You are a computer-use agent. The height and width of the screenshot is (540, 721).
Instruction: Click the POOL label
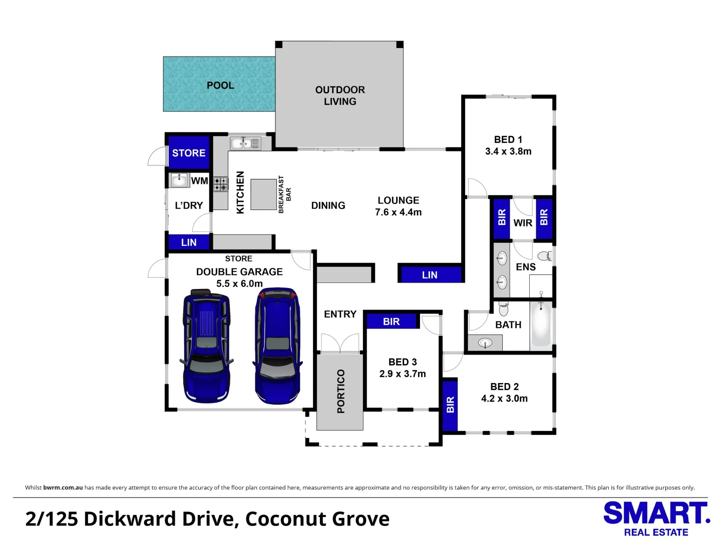[220, 85]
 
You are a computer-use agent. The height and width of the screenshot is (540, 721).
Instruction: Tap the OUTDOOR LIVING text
[340, 95]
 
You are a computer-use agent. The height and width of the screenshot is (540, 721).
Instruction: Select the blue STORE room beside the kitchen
[189, 153]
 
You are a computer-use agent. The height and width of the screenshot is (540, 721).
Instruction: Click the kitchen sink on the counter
[245, 143]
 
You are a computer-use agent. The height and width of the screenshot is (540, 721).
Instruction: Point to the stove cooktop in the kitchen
[221, 184]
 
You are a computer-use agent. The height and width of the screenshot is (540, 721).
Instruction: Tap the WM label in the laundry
[199, 181]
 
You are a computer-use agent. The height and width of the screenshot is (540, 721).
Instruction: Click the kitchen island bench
[263, 194]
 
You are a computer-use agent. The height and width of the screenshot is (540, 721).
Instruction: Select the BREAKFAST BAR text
[284, 194]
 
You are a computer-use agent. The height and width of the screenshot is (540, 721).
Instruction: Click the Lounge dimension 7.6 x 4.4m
[398, 212]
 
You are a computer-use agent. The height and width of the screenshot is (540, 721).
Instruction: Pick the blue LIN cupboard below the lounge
[430, 275]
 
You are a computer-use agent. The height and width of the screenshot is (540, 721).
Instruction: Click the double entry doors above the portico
[340, 343]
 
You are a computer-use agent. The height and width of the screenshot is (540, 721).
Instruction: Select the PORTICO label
[341, 391]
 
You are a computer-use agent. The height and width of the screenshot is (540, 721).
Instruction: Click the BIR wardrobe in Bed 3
[391, 321]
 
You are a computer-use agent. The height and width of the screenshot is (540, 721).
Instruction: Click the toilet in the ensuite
[548, 256]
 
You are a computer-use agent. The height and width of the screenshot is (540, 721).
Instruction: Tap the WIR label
[523, 223]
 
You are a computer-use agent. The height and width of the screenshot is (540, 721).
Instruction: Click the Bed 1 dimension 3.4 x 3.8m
[508, 151]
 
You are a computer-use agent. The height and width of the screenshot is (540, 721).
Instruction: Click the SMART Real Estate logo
[656, 519]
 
